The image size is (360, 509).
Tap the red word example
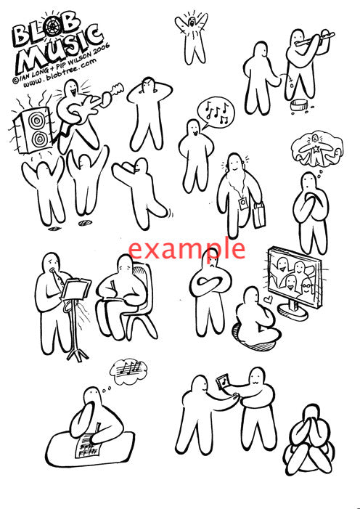point(187,249)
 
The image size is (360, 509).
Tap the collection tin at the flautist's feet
point(299,105)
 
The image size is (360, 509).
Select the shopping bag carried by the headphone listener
point(259,215)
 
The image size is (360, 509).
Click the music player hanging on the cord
point(242,204)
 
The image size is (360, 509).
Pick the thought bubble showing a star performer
point(316,147)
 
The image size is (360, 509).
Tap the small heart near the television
point(269,299)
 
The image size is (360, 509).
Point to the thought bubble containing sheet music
point(128,371)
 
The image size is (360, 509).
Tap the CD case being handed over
point(224,381)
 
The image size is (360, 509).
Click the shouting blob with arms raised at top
point(192,37)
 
